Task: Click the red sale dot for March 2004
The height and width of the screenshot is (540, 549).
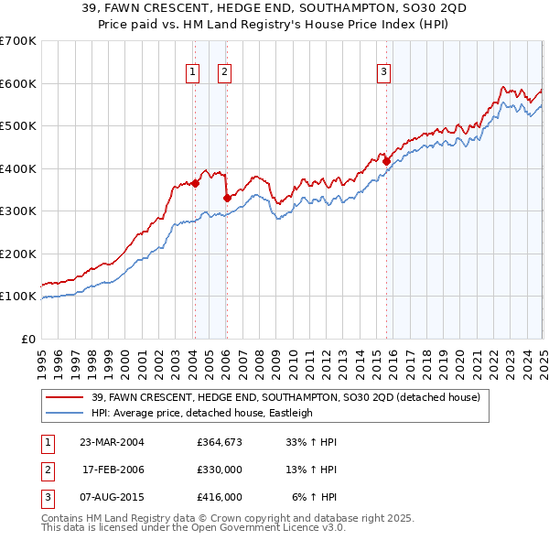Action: pyautogui.click(x=195, y=183)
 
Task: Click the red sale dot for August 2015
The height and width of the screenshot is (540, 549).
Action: pyautogui.click(x=386, y=161)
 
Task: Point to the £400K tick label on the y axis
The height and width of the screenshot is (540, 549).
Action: pyautogui.click(x=18, y=168)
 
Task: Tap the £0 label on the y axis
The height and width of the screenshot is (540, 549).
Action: pyautogui.click(x=28, y=339)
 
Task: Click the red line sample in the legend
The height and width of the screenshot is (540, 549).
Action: pyautogui.click(x=65, y=396)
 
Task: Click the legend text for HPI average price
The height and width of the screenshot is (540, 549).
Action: pyautogui.click(x=201, y=413)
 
